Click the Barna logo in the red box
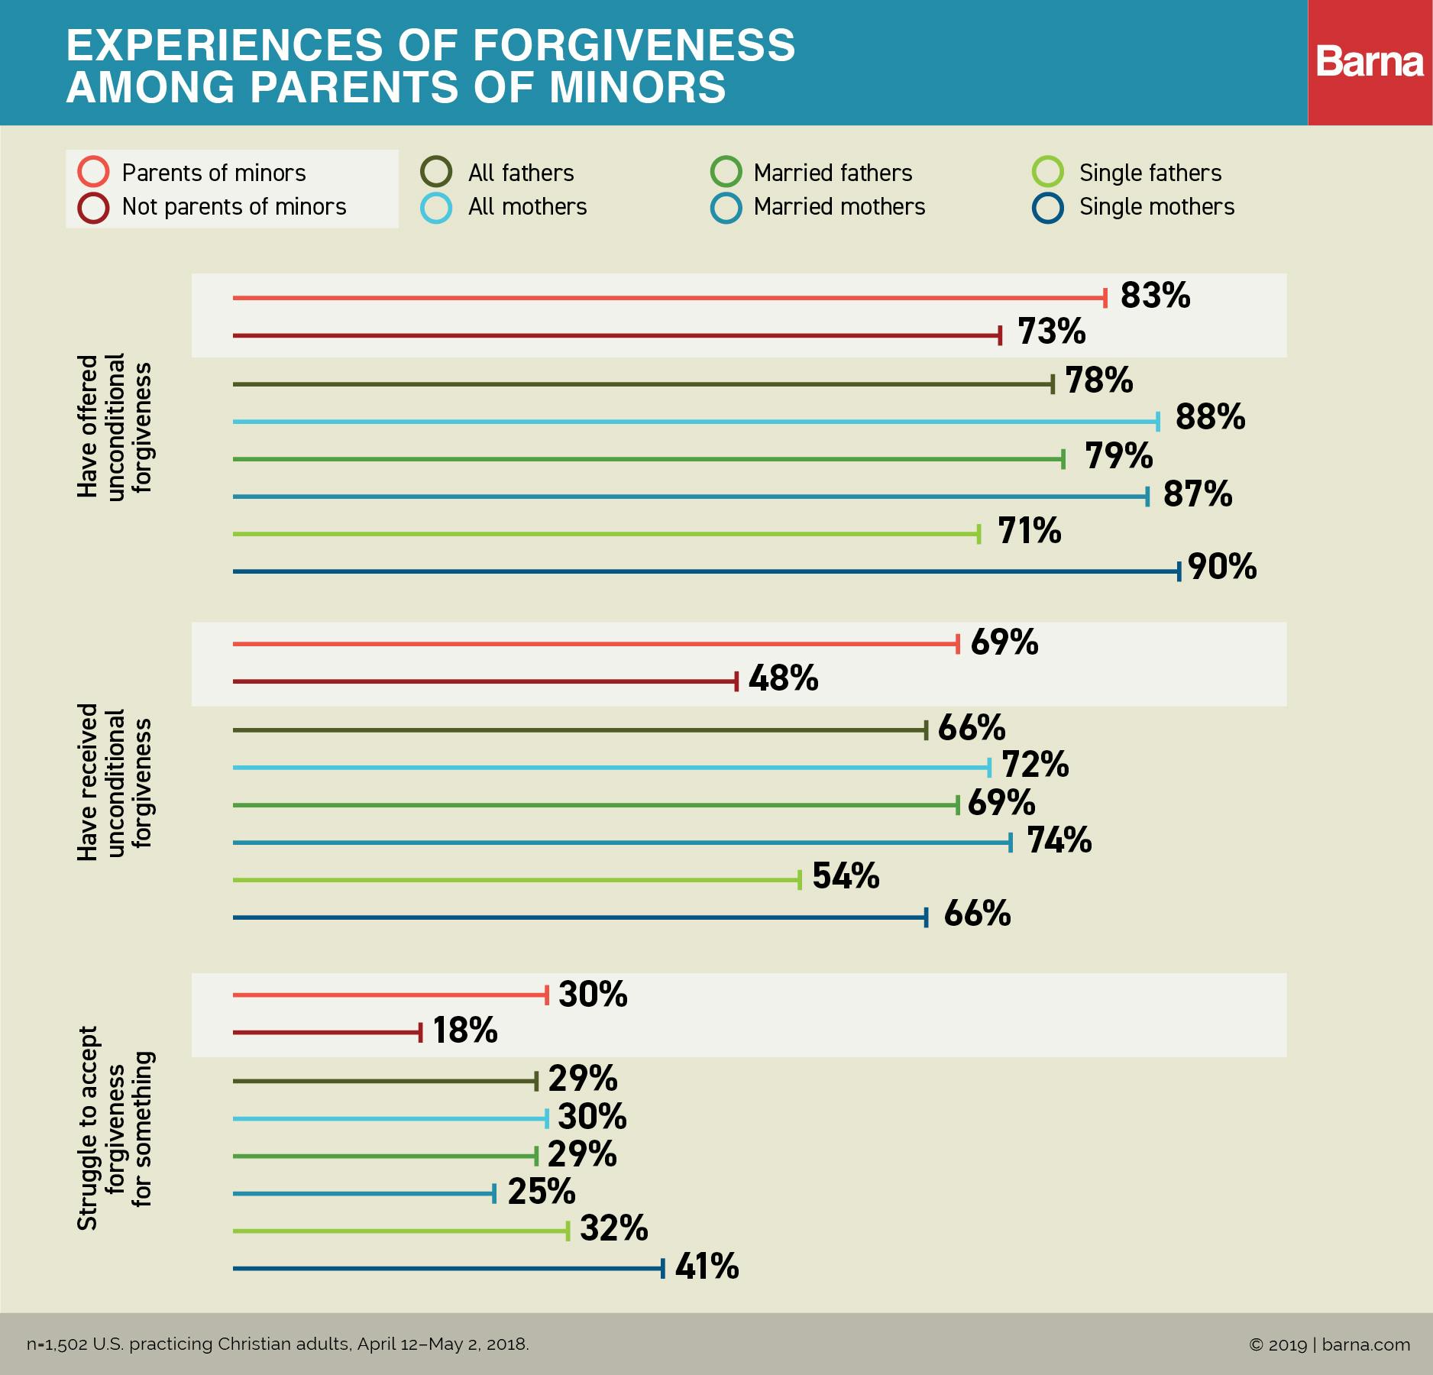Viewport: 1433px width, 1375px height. click(x=1370, y=62)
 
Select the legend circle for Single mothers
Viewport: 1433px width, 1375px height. click(x=1048, y=207)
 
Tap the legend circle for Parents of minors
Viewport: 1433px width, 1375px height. click(x=93, y=172)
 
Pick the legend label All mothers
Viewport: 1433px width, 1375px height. click(x=527, y=207)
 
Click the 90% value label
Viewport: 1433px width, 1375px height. click(x=1222, y=567)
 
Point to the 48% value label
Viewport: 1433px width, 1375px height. click(x=783, y=678)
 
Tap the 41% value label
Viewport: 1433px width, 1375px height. click(x=707, y=1266)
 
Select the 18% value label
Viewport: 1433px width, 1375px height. click(x=465, y=1030)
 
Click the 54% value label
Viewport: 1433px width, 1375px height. click(x=846, y=876)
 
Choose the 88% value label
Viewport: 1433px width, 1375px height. click(x=1210, y=417)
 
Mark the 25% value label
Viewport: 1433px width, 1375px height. click(x=542, y=1192)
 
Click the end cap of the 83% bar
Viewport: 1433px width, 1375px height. click(x=1105, y=298)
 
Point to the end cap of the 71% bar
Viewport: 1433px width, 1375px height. click(x=979, y=534)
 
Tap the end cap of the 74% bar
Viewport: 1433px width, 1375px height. click(x=1011, y=843)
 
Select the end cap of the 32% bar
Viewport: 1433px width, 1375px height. click(x=568, y=1231)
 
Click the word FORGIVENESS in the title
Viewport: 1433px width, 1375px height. click(x=634, y=45)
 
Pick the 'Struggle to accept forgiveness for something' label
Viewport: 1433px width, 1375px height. click(x=115, y=1128)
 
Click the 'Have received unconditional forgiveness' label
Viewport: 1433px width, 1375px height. click(x=115, y=782)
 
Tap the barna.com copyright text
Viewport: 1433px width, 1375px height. click(x=1329, y=1344)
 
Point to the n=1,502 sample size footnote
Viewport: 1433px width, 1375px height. click(x=277, y=1344)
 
